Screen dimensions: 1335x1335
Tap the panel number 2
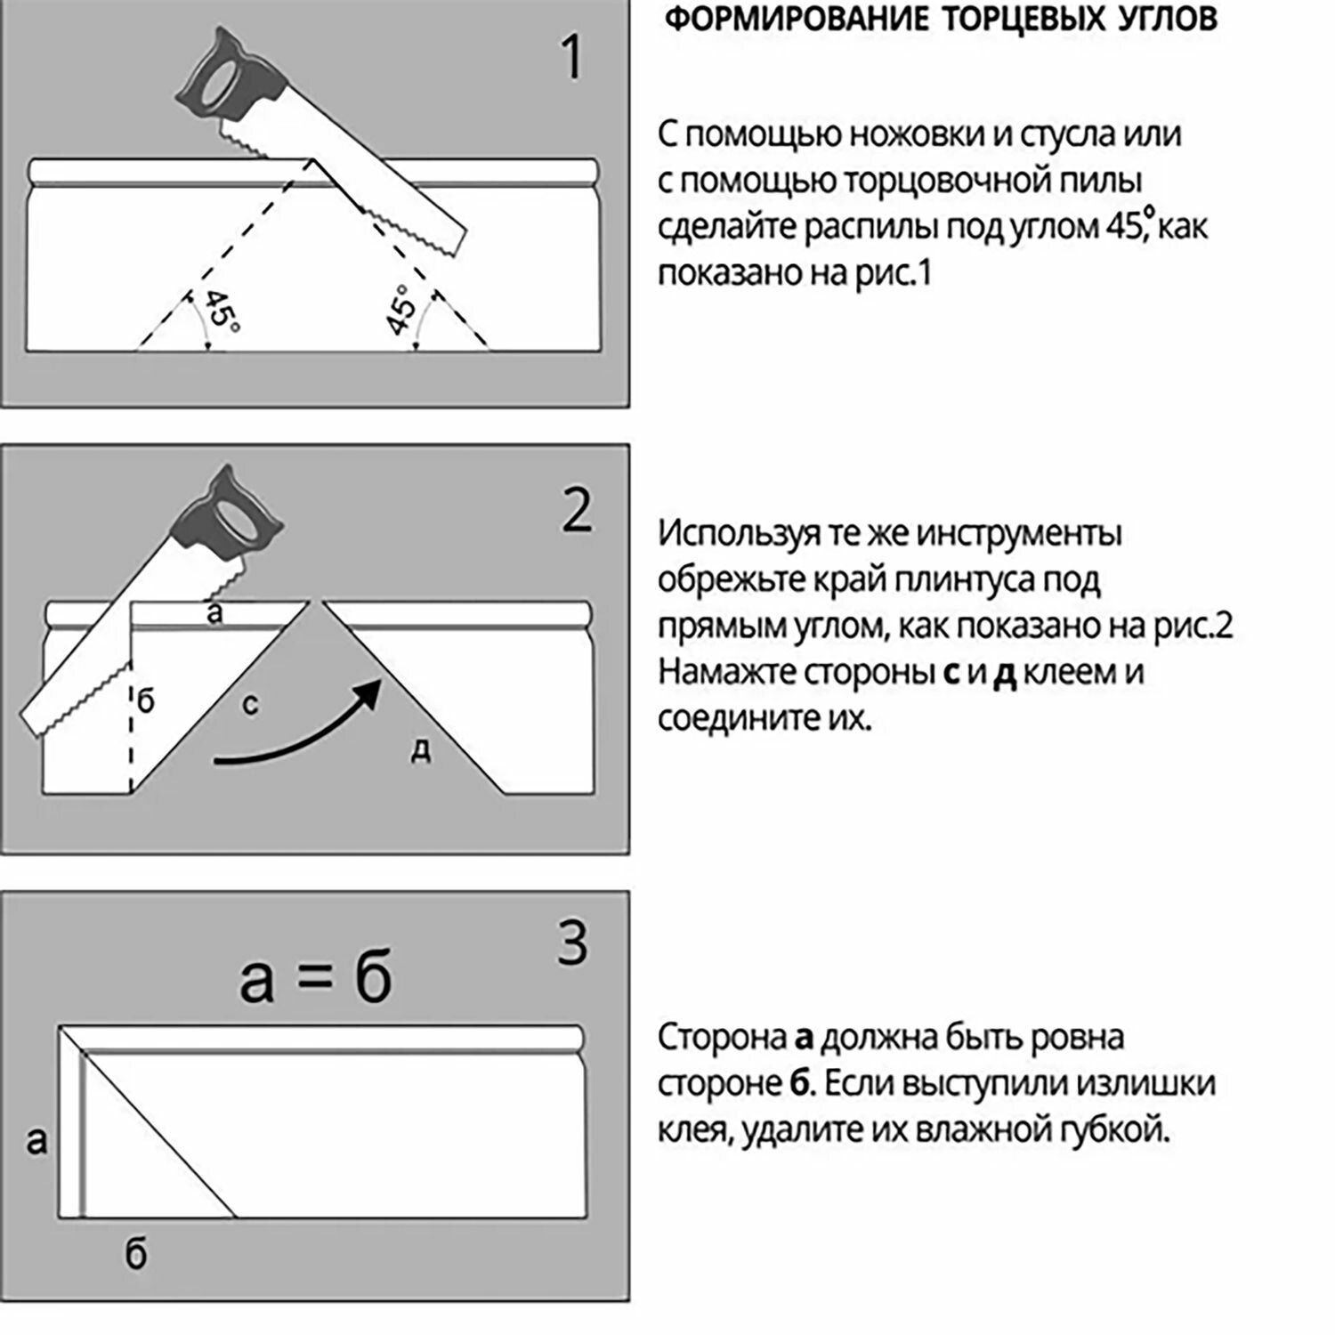577,510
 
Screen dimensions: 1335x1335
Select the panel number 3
572,943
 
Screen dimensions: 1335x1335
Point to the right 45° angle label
402,311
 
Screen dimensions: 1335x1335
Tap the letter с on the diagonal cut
250,705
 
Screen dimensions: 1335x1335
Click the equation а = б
316,979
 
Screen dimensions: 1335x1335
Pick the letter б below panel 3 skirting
135,1254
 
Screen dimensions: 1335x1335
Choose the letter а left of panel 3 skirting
36,1139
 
